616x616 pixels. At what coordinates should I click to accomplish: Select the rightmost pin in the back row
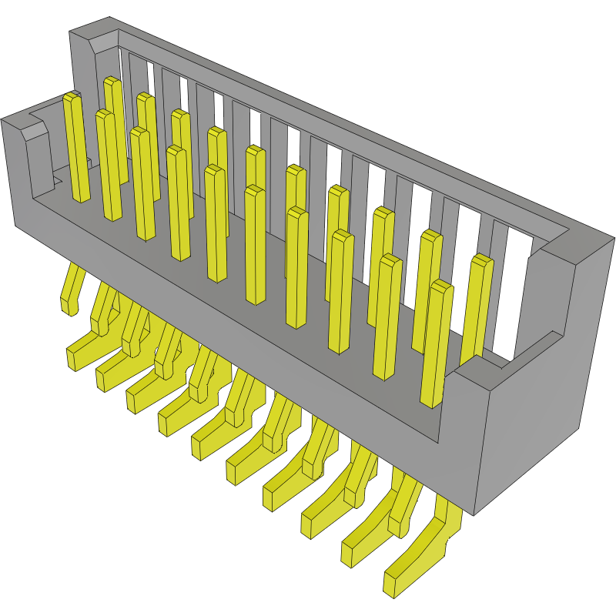pos(478,308)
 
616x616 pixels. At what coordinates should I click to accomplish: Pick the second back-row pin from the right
pos(428,285)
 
